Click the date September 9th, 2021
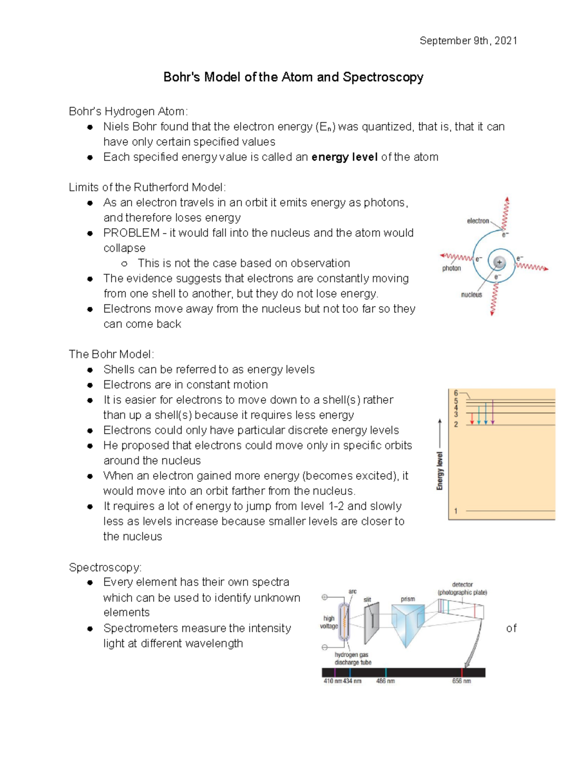click(468, 41)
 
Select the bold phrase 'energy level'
click(344, 157)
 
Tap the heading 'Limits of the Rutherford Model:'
click(147, 187)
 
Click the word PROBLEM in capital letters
click(131, 233)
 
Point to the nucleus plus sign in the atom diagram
click(499, 262)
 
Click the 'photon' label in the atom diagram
click(452, 268)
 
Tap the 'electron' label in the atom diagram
click(478, 221)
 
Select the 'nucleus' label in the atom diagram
click(472, 295)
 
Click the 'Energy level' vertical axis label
click(439, 471)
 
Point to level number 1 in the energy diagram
click(455, 511)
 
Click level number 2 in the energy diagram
click(455, 424)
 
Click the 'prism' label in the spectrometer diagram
click(407, 599)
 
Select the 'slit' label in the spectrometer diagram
click(367, 599)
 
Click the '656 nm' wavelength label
click(461, 681)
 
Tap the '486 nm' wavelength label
click(385, 681)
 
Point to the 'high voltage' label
click(329, 622)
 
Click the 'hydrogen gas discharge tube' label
click(353, 658)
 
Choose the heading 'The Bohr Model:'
click(112, 354)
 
